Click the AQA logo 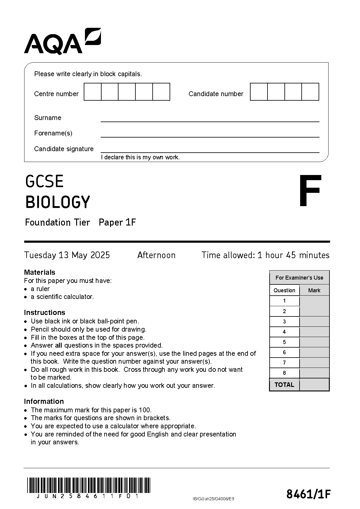(62, 42)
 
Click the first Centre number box (92, 92)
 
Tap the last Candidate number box (310, 92)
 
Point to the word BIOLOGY (58, 202)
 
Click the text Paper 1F (117, 222)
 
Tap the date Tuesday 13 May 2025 (67, 255)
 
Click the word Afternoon (156, 255)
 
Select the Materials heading (40, 272)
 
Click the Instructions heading (44, 312)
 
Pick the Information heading (44, 401)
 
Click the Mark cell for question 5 (314, 342)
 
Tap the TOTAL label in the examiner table (284, 385)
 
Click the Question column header (284, 290)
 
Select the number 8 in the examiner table (284, 373)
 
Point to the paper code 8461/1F (308, 494)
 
